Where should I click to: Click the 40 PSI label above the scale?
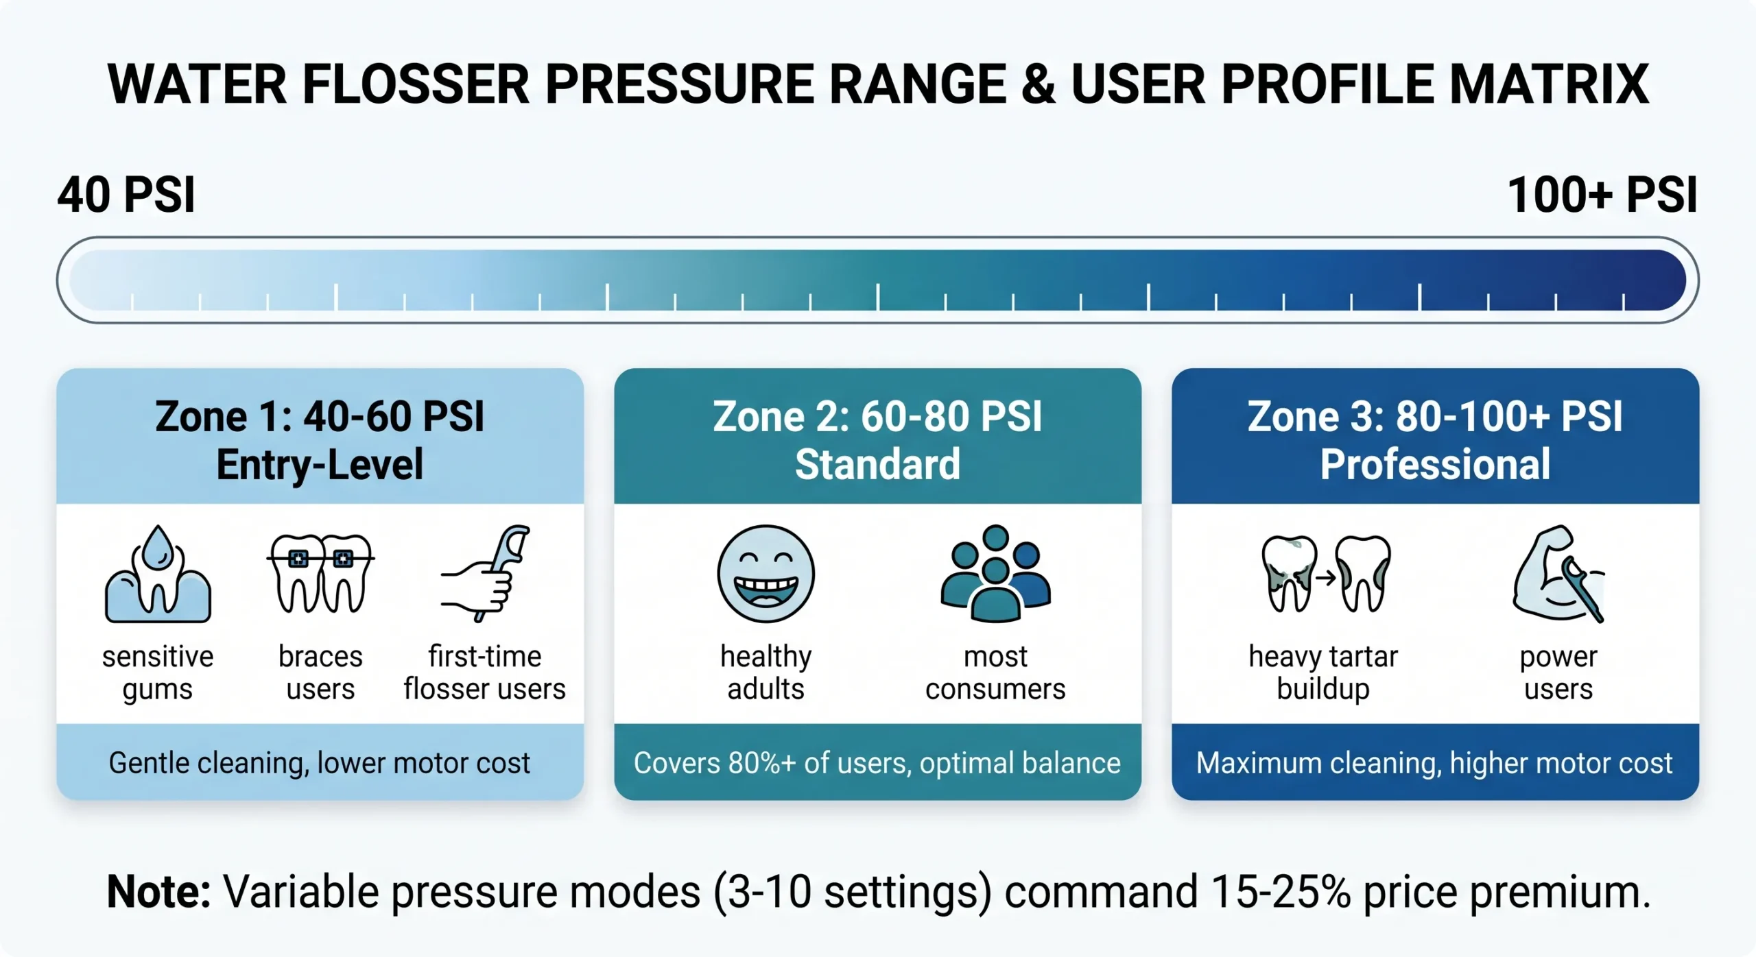point(126,195)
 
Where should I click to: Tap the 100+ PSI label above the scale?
point(1602,195)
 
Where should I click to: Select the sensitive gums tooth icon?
point(158,574)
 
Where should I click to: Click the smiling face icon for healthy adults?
point(766,574)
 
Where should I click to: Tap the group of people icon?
point(995,574)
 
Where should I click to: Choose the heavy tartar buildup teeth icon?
point(1325,574)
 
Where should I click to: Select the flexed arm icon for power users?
point(1558,574)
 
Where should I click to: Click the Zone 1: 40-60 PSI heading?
point(320,416)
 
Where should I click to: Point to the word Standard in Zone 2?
point(877,464)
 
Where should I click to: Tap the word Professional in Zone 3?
point(1435,464)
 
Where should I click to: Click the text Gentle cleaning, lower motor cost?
point(320,763)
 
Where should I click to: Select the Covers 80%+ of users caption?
point(877,763)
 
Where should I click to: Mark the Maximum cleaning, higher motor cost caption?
point(1434,763)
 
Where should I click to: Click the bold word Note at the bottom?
point(158,892)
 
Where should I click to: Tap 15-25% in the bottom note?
point(1281,892)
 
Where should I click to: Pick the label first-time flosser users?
point(485,673)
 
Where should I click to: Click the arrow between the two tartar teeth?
point(1325,578)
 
